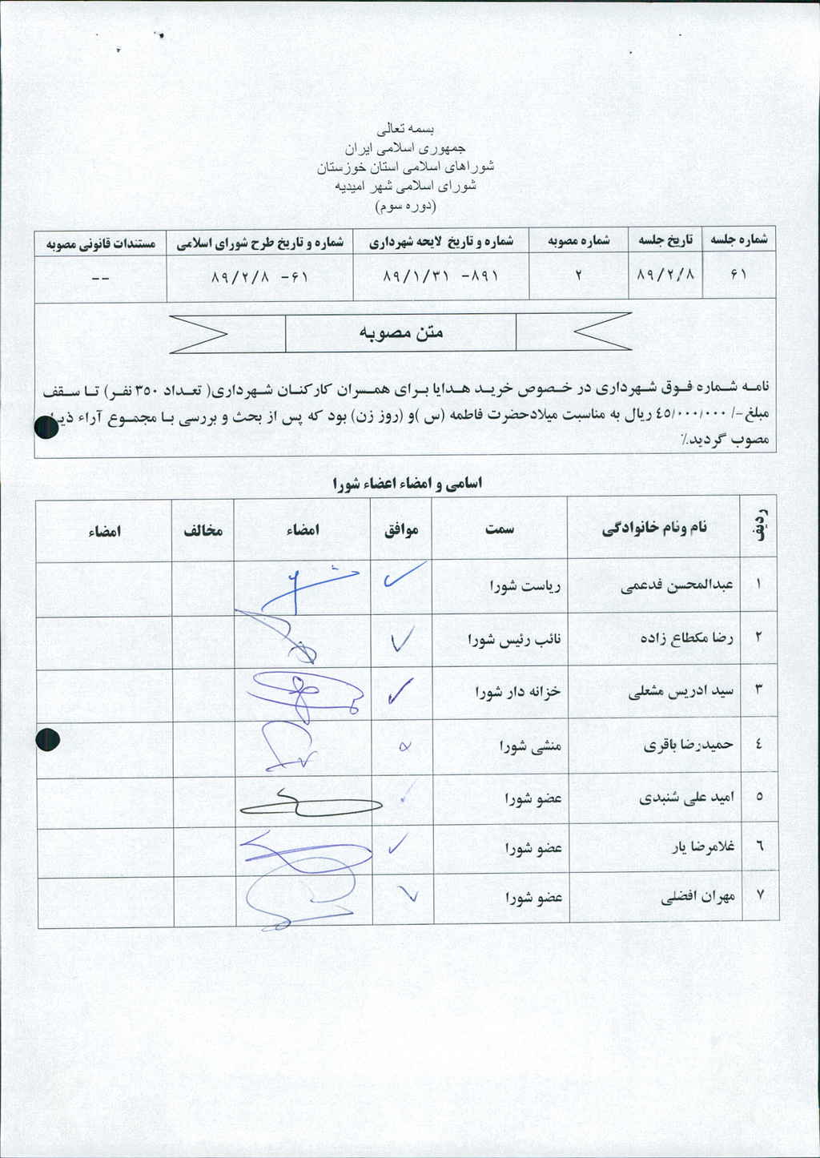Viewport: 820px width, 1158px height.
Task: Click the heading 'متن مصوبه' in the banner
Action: [400, 332]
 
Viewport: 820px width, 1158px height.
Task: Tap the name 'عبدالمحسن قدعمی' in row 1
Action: [677, 585]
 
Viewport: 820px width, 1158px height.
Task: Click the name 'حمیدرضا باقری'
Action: [688, 745]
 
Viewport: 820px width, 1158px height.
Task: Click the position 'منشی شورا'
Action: [530, 746]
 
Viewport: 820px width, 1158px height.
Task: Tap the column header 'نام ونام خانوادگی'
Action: [654, 527]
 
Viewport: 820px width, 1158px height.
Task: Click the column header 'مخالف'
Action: [203, 529]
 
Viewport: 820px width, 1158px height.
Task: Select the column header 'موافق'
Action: [401, 529]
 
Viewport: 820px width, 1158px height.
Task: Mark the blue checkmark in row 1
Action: [403, 576]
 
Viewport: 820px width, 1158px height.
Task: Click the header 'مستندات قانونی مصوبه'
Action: [100, 242]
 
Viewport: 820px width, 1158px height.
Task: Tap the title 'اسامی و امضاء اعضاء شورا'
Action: [407, 483]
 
